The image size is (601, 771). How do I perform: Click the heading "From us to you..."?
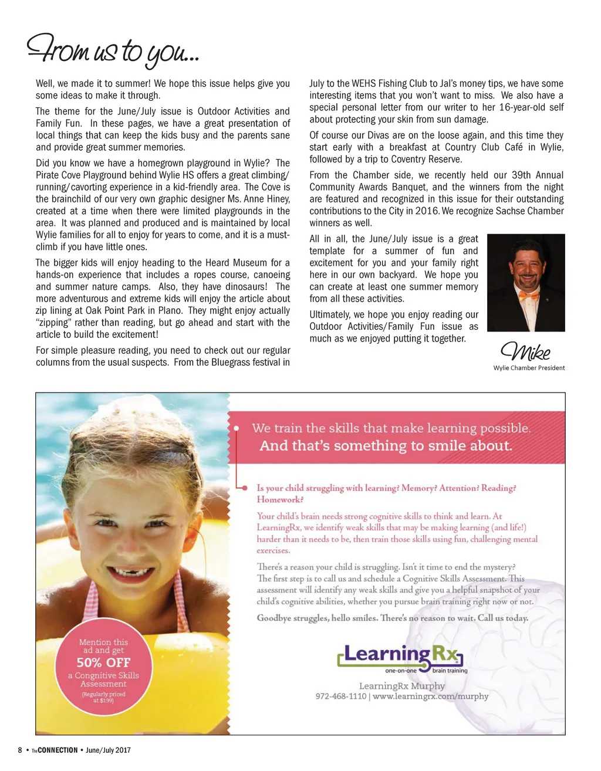tap(113, 50)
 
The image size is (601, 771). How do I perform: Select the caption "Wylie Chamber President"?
tap(529, 368)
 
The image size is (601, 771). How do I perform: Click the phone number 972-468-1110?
tap(341, 696)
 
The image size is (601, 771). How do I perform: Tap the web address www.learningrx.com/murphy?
tap(431, 696)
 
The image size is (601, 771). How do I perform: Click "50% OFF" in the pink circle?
tap(103, 662)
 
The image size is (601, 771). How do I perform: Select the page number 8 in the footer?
tap(20, 750)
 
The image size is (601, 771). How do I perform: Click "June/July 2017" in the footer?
tap(108, 750)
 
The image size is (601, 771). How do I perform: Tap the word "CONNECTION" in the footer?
tap(58, 750)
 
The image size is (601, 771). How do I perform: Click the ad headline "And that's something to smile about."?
tap(386, 446)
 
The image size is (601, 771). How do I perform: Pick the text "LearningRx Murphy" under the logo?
tap(402, 686)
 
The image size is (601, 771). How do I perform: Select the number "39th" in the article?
tap(495, 175)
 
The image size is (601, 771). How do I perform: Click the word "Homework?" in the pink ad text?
tap(280, 500)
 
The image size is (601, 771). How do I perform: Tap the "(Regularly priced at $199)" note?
tap(103, 697)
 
